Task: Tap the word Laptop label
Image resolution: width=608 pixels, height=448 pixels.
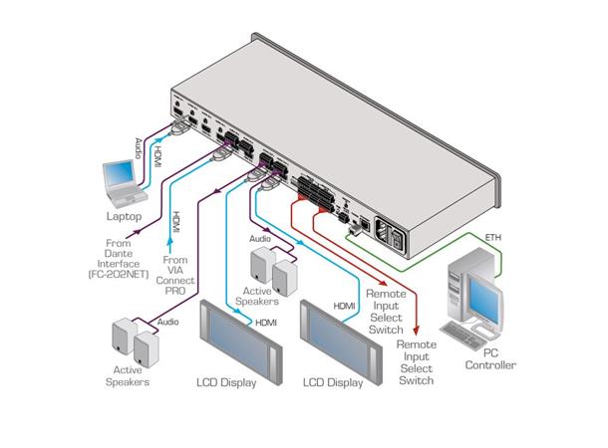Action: tap(124, 216)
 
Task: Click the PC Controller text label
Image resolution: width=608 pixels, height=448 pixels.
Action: tap(490, 358)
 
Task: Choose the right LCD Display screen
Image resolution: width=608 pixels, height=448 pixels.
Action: tap(340, 337)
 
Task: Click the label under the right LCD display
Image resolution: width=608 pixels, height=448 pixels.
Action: tap(332, 382)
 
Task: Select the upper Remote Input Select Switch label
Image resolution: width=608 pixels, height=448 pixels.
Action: tap(385, 311)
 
